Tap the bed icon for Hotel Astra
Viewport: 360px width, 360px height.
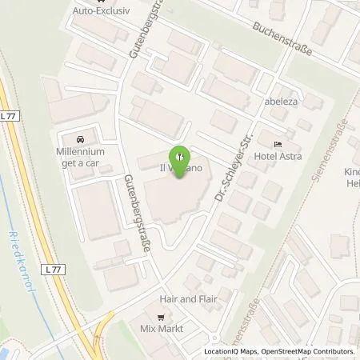point(278,143)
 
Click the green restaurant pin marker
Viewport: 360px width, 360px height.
point(180,154)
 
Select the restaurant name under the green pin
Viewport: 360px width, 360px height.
point(180,170)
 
